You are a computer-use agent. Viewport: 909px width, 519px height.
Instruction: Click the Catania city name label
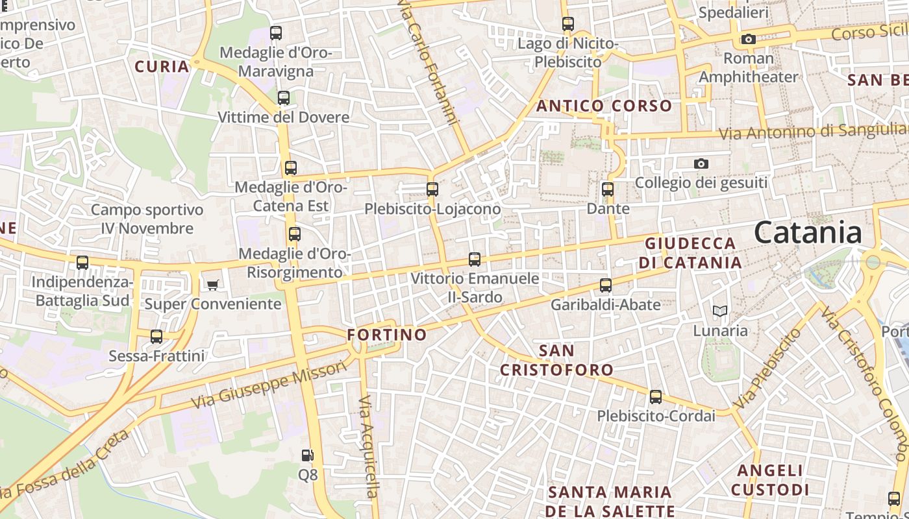(x=808, y=233)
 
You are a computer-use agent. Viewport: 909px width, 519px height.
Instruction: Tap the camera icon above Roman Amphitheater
(x=749, y=40)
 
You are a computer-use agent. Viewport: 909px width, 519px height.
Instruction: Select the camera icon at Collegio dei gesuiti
(x=701, y=164)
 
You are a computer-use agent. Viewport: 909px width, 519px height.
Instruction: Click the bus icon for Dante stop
(x=608, y=190)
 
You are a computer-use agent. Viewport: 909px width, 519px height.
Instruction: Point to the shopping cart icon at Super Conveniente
(x=212, y=285)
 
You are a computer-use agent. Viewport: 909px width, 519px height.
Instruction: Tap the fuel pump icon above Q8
(x=308, y=456)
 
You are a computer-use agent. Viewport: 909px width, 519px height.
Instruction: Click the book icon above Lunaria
(x=719, y=311)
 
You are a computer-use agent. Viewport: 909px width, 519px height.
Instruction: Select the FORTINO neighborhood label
(x=387, y=335)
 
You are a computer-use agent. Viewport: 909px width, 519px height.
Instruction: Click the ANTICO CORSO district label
(x=604, y=106)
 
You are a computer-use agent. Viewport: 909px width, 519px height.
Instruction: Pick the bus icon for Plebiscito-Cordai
(x=656, y=397)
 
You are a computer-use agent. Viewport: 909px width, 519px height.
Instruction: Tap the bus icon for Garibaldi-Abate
(x=606, y=285)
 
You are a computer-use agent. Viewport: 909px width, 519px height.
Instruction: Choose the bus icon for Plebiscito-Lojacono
(x=432, y=190)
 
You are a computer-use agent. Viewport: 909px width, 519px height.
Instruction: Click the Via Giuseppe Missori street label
(x=269, y=385)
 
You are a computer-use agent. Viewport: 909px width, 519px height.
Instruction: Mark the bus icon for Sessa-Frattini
(x=156, y=337)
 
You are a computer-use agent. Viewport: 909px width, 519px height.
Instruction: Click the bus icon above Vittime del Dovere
(x=284, y=99)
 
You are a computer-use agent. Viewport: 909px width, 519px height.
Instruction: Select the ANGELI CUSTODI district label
(x=770, y=479)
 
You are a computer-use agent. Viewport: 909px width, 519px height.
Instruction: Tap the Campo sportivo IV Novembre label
(x=147, y=219)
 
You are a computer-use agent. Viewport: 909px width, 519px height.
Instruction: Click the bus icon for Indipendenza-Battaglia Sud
(x=82, y=263)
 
